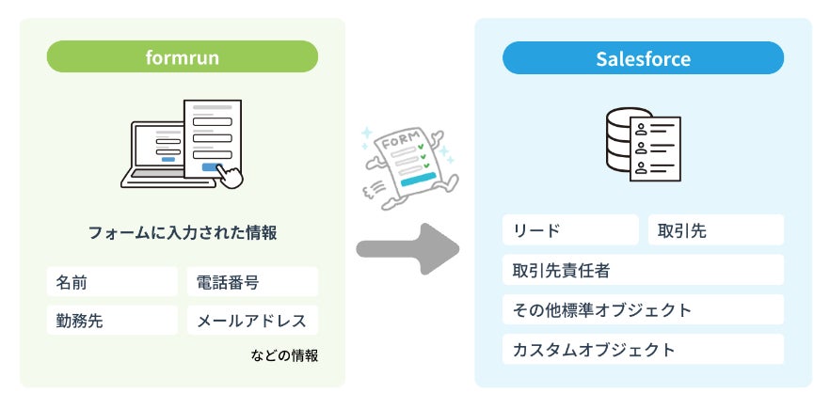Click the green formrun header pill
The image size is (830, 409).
coord(182,56)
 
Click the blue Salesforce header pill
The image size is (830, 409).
coord(643,59)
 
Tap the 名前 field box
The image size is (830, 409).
coord(112,282)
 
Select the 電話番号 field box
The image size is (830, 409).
coord(252,282)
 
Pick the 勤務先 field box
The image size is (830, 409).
coord(112,321)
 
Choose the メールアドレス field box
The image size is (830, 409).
coord(252,321)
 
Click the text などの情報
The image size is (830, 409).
coord(284,355)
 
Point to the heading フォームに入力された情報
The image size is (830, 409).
coord(183,232)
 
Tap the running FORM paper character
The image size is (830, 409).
coord(401,161)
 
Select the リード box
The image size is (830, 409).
coord(569,230)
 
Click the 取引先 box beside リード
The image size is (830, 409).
coord(715,230)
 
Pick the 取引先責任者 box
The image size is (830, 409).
coord(643,270)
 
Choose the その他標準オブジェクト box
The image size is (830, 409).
coord(643,309)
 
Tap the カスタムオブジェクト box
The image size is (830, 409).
coord(643,349)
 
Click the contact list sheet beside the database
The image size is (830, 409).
coord(656,148)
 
